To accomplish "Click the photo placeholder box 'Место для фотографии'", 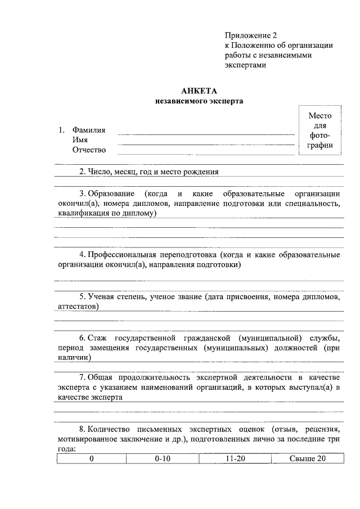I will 320,130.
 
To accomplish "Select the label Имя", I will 79,140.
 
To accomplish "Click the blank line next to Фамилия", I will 205,134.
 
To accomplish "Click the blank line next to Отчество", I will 205,152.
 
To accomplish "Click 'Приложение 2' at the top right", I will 251,35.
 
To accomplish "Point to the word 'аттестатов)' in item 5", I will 78,306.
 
